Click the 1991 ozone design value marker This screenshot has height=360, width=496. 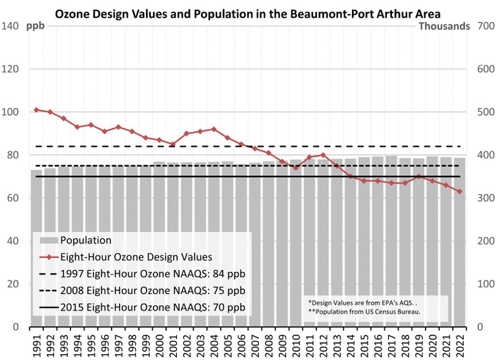pos(36,110)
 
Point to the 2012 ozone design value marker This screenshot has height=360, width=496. pos(323,155)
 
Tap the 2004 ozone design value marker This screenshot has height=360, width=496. pos(214,129)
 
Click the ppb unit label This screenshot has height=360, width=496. pos(36,26)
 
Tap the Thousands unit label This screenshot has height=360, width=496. pos(444,26)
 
